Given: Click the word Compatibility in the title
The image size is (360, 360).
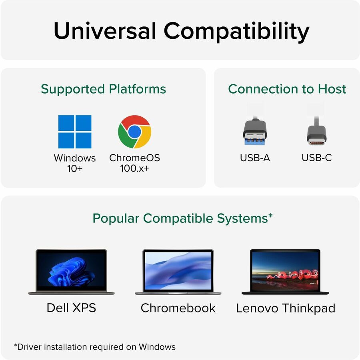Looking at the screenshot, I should (236, 32).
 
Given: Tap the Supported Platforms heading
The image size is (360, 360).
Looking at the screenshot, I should (103, 89).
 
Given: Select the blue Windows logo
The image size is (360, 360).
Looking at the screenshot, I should (75, 132).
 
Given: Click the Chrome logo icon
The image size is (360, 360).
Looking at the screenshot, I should (134, 132).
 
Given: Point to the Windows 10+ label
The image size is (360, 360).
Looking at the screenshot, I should (75, 163).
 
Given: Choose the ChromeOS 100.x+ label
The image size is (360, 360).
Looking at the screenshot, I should (134, 163).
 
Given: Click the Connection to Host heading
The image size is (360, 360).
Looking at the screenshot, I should (287, 89).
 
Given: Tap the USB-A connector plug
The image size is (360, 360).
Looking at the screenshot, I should (255, 130).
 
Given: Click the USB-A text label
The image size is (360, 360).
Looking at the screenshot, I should (255, 158).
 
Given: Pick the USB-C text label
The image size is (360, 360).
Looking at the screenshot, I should (316, 158).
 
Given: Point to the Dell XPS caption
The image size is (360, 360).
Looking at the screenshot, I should (71, 308).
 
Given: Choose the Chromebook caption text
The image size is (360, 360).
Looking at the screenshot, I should (178, 308).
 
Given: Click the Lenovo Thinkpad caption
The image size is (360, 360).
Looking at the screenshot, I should (285, 308).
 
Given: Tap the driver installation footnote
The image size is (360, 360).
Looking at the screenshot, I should (95, 346).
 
